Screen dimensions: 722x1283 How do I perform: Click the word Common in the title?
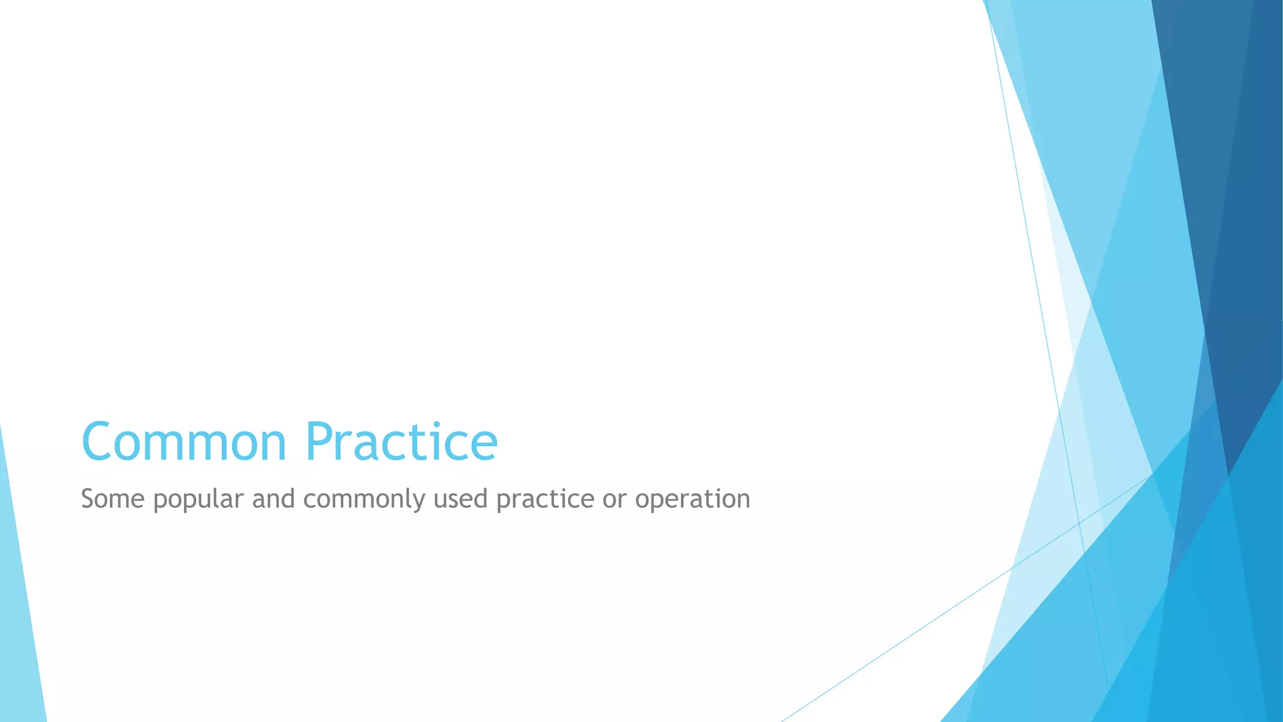[184, 442]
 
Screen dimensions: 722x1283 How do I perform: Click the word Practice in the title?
[402, 442]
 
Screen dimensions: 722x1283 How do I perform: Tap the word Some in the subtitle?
[113, 499]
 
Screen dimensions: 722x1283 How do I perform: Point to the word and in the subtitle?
[273, 499]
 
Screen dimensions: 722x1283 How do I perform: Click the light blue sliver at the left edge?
[19, 627]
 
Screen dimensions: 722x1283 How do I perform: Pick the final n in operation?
[742, 501]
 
